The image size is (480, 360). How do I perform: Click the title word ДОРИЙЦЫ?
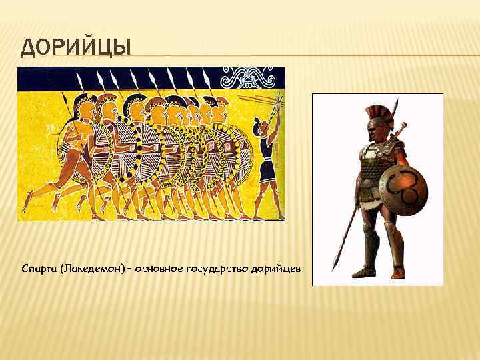coord(75,48)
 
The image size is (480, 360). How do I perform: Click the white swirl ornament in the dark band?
coord(249,76)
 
